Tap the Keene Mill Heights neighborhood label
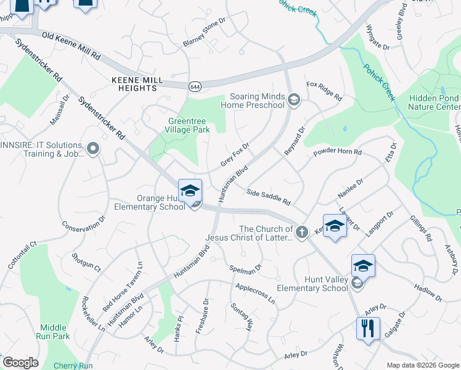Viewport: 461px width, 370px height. click(137, 84)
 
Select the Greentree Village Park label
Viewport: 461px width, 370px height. click(188, 125)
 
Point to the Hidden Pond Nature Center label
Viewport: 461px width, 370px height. click(434, 102)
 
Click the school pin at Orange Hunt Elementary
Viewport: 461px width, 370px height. click(190, 191)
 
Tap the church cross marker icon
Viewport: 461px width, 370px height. click(301, 232)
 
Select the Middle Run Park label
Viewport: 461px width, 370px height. click(55, 332)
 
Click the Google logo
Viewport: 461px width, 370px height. click(20, 363)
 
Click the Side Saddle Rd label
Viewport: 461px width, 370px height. click(268, 197)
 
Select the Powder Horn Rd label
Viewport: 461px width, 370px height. click(337, 152)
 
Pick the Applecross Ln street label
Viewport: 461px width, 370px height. click(255, 292)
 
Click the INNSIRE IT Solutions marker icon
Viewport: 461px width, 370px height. click(93, 148)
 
